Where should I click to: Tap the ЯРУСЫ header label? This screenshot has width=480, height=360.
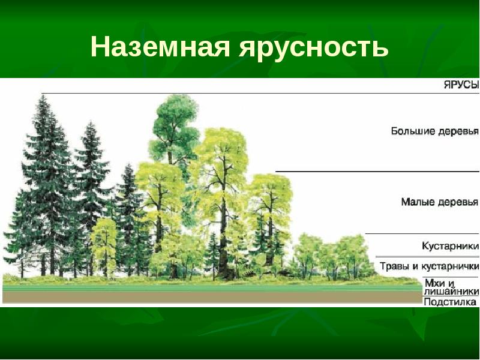click(x=461, y=85)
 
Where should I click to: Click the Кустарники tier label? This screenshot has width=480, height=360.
click(x=450, y=246)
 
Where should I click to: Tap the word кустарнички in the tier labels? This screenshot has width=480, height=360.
click(x=454, y=266)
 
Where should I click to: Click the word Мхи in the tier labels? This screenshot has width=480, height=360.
click(x=434, y=282)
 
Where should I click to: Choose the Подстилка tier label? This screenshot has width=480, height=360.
click(x=451, y=302)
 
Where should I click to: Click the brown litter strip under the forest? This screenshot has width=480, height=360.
click(x=210, y=297)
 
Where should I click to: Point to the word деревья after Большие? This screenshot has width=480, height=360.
click(x=459, y=131)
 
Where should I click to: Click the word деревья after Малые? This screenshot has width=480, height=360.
click(x=459, y=202)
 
